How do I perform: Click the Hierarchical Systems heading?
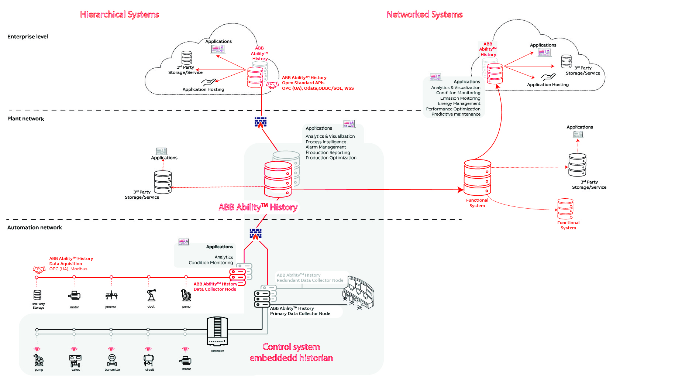119,14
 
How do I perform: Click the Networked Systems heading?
424,14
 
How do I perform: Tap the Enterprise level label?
28,37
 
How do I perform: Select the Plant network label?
25,119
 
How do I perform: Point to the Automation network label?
35,227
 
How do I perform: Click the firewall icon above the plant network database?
261,123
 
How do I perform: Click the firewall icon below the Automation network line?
255,234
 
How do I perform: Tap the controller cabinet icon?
217,331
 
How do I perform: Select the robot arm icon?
151,295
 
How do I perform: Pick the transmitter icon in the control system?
112,360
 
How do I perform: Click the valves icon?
75,360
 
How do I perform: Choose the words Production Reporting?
328,153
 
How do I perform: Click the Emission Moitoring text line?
460,98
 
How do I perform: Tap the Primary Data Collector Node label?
300,314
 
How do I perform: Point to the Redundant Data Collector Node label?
310,280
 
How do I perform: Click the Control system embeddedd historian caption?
291,352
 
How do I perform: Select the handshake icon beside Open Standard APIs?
272,85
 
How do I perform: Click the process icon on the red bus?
111,295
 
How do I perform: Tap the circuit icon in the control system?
149,360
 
